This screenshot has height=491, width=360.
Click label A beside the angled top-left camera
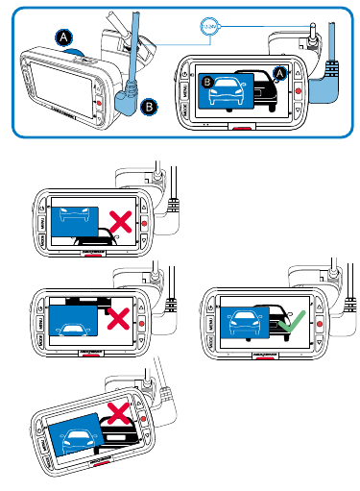click(64, 37)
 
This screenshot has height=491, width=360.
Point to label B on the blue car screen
click(207, 84)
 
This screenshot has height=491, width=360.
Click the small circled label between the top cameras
click(209, 27)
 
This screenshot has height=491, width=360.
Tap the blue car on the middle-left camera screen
click(75, 324)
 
